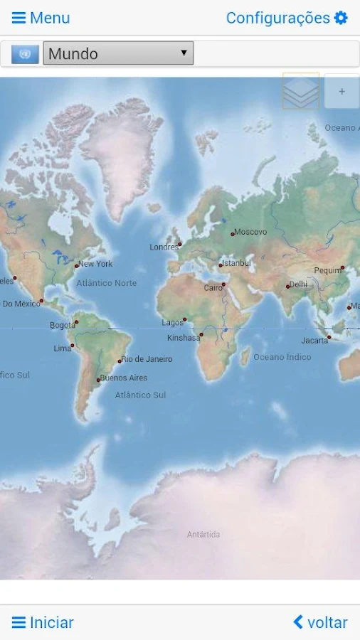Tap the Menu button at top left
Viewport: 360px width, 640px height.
click(41, 18)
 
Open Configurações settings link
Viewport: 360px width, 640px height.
click(277, 18)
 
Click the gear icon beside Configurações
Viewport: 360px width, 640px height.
click(342, 18)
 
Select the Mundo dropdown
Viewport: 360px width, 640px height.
click(118, 53)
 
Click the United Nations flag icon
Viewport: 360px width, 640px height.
click(25, 54)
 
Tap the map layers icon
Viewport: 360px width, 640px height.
click(300, 91)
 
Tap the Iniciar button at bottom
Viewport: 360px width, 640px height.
click(43, 622)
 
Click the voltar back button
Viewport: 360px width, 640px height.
click(320, 622)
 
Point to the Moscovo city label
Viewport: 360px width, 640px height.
click(250, 232)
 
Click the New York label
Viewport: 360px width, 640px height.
click(95, 264)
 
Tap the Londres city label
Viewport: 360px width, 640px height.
click(164, 247)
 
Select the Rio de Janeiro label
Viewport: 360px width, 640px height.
click(147, 359)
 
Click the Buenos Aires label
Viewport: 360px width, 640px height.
click(124, 378)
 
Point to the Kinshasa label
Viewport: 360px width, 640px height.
click(184, 338)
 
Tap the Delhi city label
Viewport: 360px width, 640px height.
click(299, 284)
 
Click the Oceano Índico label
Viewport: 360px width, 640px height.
click(282, 357)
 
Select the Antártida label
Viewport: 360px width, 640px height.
click(203, 534)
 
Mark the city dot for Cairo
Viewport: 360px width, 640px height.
click(223, 284)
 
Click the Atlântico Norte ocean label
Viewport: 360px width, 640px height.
click(107, 283)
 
